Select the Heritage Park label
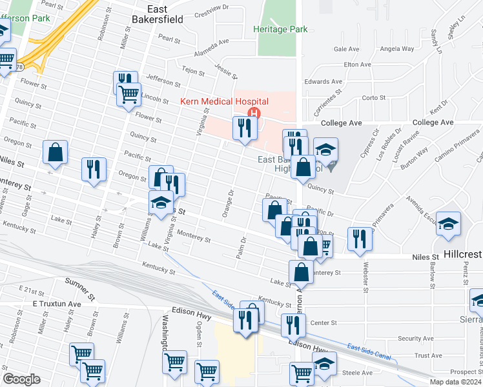coord(280,30)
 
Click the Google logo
coord(21,379)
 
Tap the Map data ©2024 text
coord(455,382)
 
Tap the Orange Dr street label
coord(227,204)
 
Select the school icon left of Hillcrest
coord(448,224)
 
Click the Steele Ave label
coord(358,372)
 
